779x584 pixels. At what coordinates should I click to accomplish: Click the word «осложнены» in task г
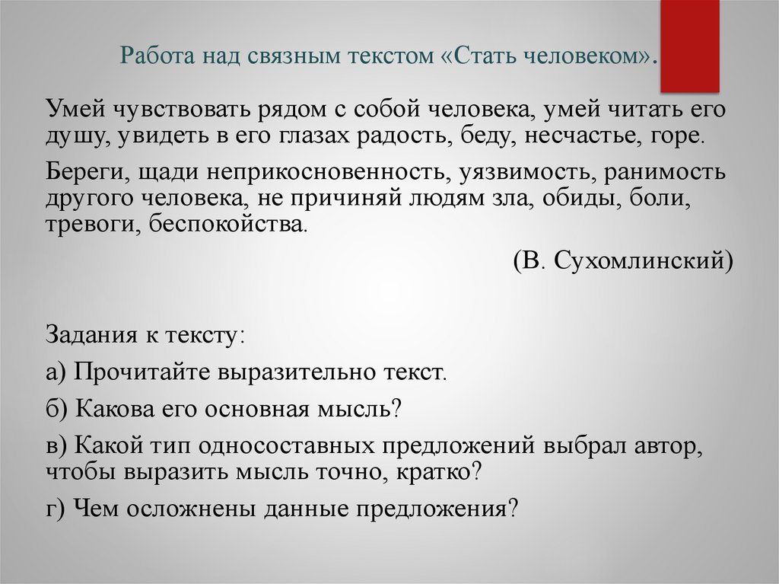pyautogui.click(x=183, y=508)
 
